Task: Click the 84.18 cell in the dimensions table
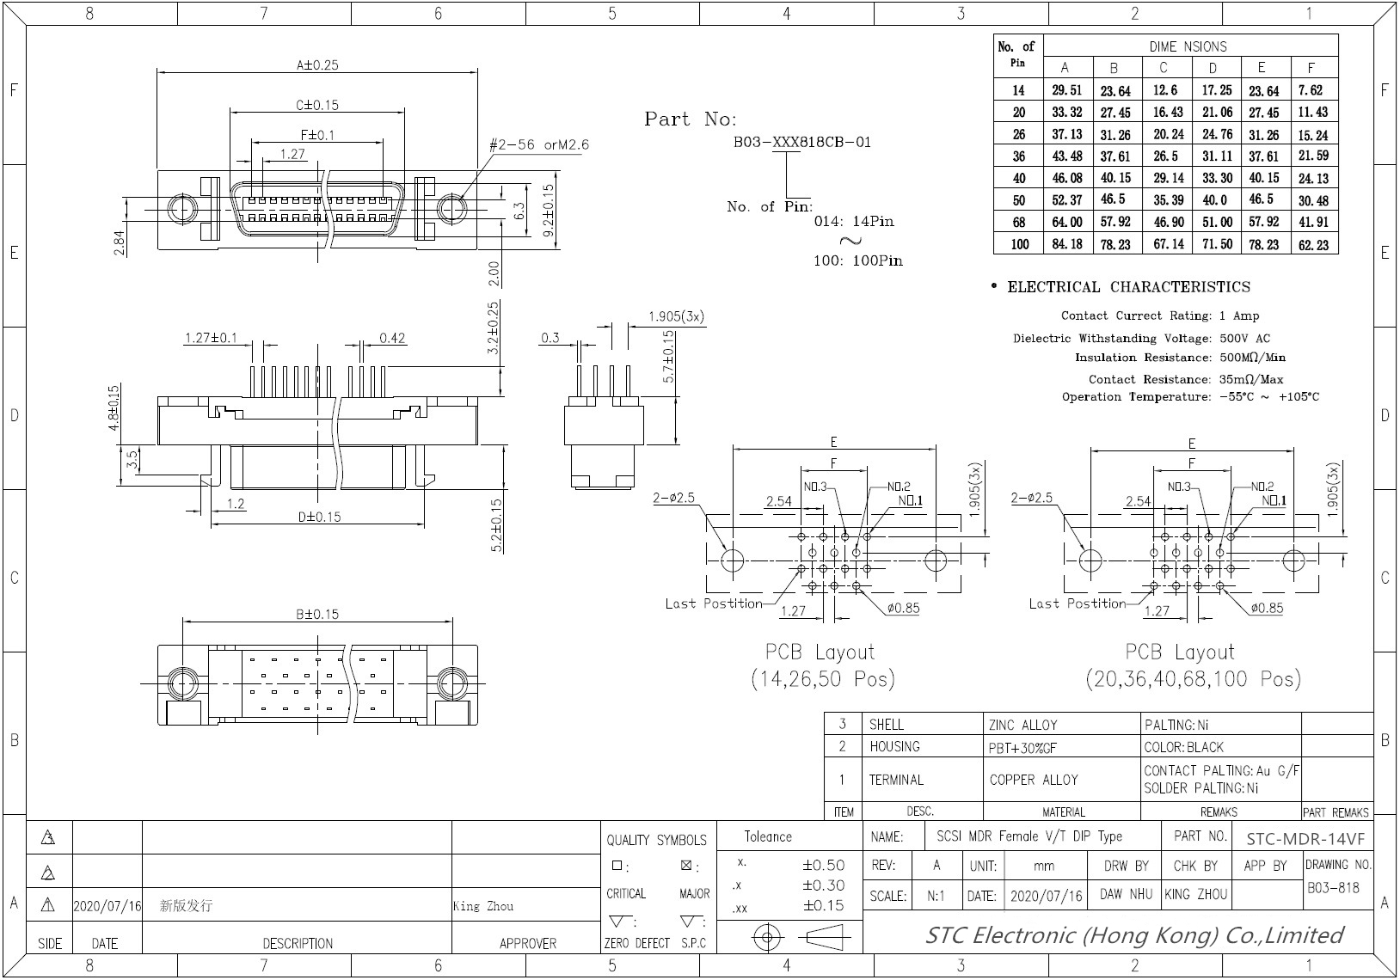(x=1066, y=244)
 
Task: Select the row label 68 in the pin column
(x=1018, y=222)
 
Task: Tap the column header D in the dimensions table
(x=1213, y=68)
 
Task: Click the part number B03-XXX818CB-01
(x=801, y=142)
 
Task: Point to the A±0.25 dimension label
(x=317, y=64)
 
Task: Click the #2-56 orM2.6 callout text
(x=539, y=144)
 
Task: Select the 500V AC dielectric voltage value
(x=1244, y=338)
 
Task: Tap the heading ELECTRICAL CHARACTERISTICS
(x=1128, y=287)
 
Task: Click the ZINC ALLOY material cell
(x=1022, y=725)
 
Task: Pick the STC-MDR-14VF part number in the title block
(x=1305, y=839)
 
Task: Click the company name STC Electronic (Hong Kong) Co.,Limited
(x=1133, y=935)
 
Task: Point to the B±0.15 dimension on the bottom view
(x=317, y=614)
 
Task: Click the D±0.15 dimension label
(x=319, y=517)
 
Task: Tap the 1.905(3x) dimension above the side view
(x=676, y=316)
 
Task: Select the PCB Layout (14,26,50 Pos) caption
(x=821, y=665)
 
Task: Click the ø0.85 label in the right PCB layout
(x=1266, y=608)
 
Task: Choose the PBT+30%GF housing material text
(x=1022, y=748)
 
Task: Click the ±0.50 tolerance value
(x=823, y=865)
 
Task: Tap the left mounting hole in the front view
(x=181, y=209)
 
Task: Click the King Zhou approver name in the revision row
(x=482, y=906)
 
